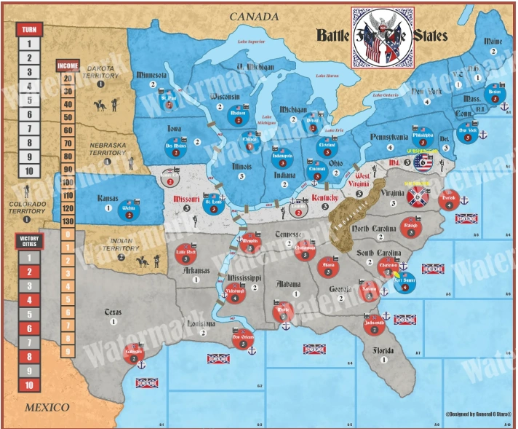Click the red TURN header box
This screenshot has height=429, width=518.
click(x=29, y=29)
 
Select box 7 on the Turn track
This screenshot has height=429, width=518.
click(x=29, y=129)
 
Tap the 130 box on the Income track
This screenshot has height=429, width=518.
click(x=68, y=221)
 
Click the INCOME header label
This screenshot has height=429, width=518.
click(x=68, y=66)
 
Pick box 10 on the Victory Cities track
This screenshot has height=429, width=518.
click(x=29, y=385)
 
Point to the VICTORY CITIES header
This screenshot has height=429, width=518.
click(x=29, y=241)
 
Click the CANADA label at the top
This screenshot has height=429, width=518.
click(x=254, y=16)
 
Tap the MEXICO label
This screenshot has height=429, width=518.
click(x=47, y=407)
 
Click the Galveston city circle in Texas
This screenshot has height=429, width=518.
click(x=132, y=353)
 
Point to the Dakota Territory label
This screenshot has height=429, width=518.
click(x=100, y=70)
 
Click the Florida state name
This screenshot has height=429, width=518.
click(x=383, y=349)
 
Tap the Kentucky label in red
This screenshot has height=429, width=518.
click(x=325, y=197)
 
